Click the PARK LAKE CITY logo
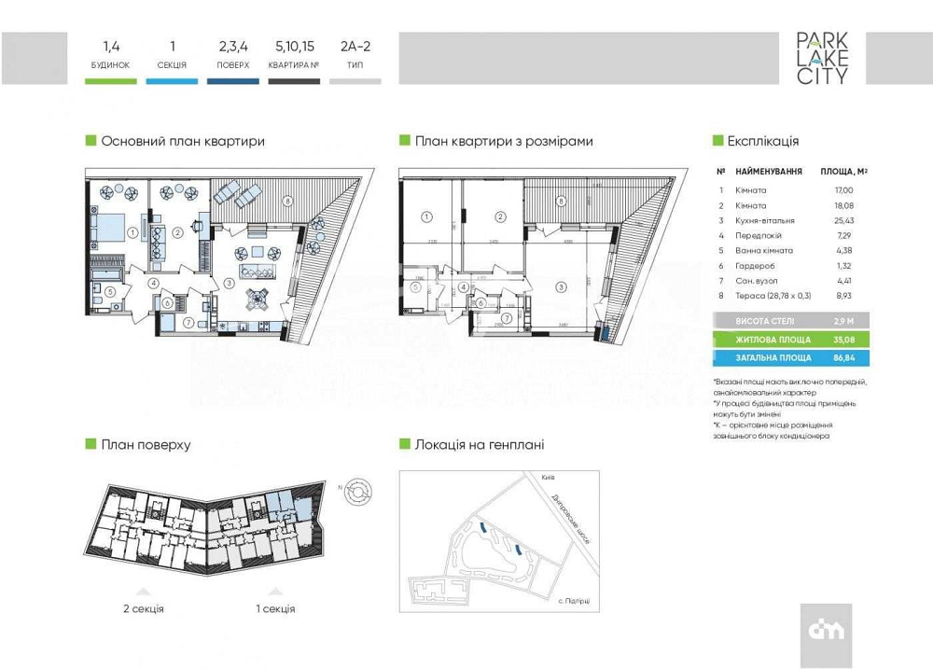click(x=822, y=59)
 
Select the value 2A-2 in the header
click(x=355, y=45)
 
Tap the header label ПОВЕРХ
click(x=233, y=65)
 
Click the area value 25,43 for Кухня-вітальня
click(x=842, y=220)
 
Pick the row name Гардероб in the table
click(x=752, y=264)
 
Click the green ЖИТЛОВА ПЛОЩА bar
click(x=790, y=340)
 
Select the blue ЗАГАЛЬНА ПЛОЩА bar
click(x=790, y=357)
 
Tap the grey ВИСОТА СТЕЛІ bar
click(x=790, y=321)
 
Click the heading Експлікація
click(x=762, y=141)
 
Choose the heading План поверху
click(x=146, y=444)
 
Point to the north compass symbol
click(x=358, y=491)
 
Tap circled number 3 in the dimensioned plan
click(x=561, y=286)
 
